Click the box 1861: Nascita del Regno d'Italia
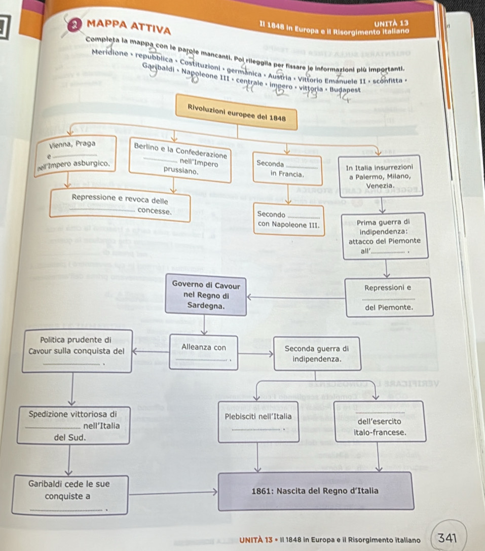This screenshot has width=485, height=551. click(x=315, y=491)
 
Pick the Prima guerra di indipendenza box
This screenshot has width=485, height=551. click(x=383, y=236)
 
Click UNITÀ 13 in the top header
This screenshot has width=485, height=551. click(x=396, y=23)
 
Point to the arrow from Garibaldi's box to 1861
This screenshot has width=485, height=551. click(x=172, y=491)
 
